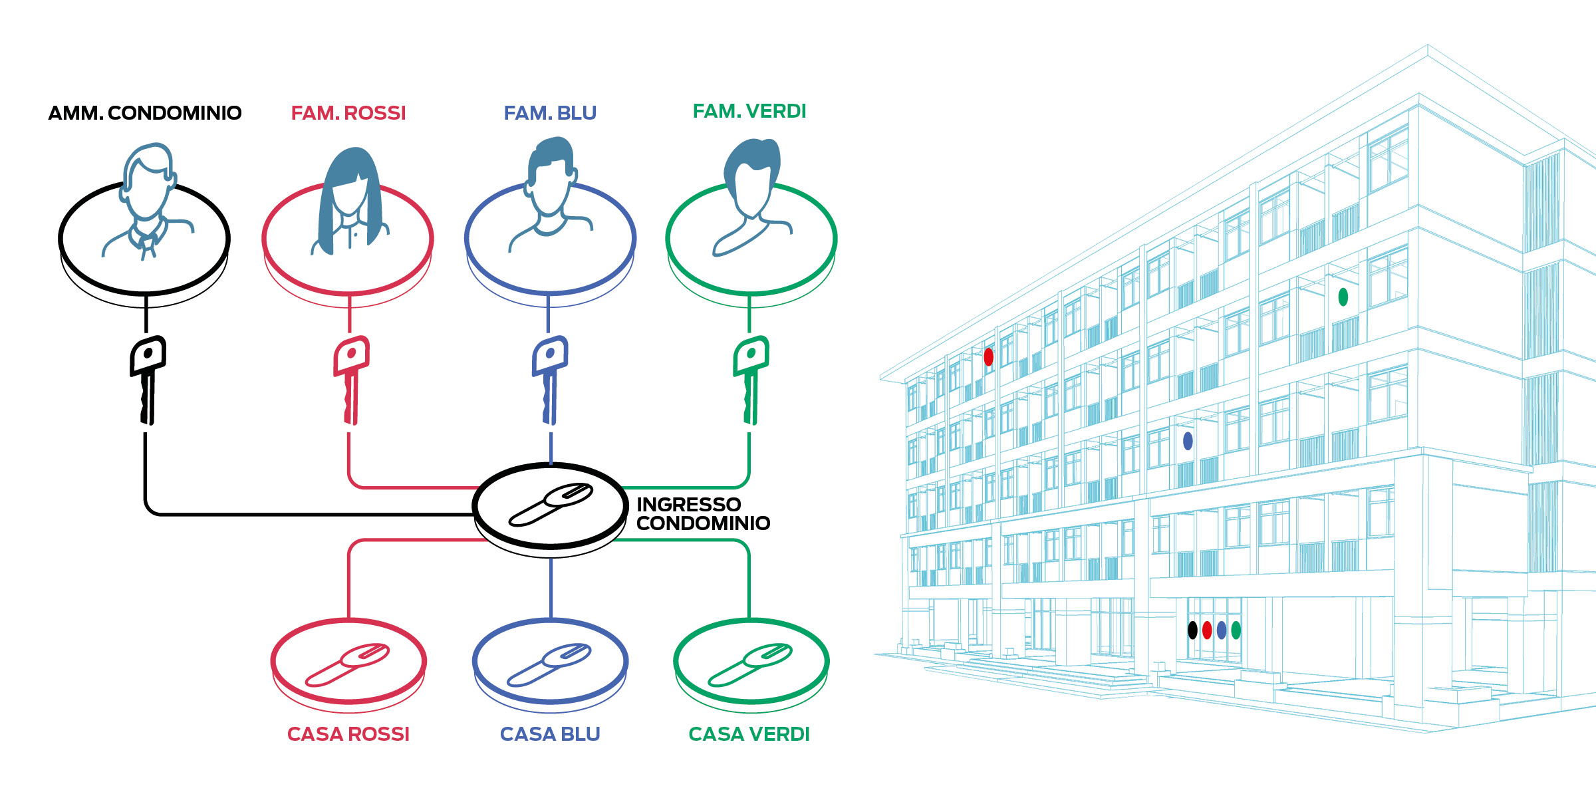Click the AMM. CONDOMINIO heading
tap(145, 113)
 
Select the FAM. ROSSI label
tap(348, 113)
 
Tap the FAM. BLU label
tap(550, 113)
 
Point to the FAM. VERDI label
tap(749, 111)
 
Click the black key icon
tap(148, 380)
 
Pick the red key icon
tap(351, 380)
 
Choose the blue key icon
tap(550, 380)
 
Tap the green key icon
tap(751, 380)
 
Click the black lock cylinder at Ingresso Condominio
tap(551, 505)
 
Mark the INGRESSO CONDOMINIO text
tap(703, 514)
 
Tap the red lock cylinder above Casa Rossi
tap(347, 664)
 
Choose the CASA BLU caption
tap(550, 734)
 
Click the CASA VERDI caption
tap(749, 734)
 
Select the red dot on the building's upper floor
tap(989, 357)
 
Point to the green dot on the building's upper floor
tap(1343, 297)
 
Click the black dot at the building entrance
tap(1192, 630)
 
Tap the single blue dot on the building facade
tap(1188, 440)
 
